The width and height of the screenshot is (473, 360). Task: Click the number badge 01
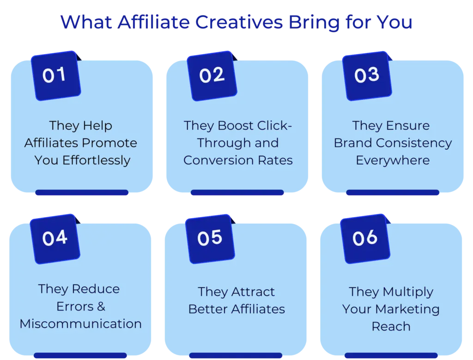coord(55,75)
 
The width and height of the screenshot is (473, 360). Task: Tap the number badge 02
coord(212,75)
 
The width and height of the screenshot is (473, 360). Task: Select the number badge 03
coord(367,75)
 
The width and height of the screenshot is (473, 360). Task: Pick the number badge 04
coord(55,238)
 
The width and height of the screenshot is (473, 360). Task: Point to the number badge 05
coord(210,238)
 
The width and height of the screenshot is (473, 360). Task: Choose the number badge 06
coord(365,238)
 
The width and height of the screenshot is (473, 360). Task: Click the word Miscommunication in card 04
coord(80,323)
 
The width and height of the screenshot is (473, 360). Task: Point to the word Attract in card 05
coord(253,292)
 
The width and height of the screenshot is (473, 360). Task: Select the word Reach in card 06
coord(391,326)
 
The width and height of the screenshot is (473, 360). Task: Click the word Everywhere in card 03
coord(393,160)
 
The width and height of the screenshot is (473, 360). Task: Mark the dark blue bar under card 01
coord(81,192)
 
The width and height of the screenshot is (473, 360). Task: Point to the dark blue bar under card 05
coord(236,355)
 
